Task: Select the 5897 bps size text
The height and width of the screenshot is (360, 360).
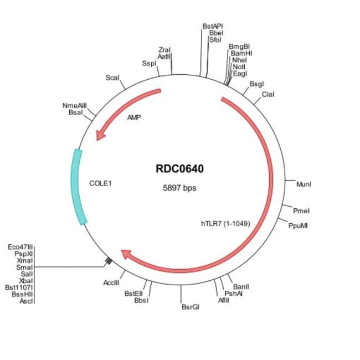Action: coord(179,188)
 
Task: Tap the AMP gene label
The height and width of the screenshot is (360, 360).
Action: coord(133,117)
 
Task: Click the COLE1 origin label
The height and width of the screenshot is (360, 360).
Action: coord(100,182)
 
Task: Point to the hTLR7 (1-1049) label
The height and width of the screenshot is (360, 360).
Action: coord(225,224)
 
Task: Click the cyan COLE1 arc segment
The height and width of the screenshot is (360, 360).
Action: coord(77,187)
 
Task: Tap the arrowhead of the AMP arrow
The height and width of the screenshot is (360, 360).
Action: coord(100,135)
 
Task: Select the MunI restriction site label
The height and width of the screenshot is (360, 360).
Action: coord(304,183)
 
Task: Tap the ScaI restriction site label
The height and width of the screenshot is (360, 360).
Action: coord(112,78)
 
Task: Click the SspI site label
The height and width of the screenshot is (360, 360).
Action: coord(149,64)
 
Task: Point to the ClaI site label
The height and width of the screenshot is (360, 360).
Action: coord(268,94)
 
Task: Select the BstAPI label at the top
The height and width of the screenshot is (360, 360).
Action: coord(213,26)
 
